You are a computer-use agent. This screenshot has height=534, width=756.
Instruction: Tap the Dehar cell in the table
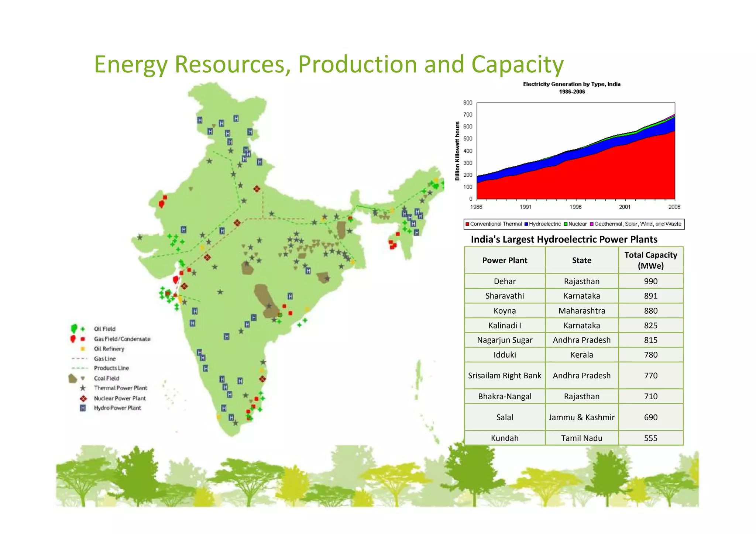(x=504, y=281)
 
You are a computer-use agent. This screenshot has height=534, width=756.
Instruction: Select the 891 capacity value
(x=650, y=296)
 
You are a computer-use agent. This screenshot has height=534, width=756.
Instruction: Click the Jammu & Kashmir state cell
(x=581, y=417)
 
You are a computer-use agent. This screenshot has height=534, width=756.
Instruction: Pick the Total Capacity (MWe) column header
(x=650, y=260)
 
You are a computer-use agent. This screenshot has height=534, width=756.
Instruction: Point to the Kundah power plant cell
(x=504, y=438)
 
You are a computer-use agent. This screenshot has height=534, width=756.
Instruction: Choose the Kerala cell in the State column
(x=581, y=355)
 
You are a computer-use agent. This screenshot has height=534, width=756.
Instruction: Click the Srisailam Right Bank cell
(x=504, y=376)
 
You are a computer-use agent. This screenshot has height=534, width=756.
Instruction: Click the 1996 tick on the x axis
(x=575, y=207)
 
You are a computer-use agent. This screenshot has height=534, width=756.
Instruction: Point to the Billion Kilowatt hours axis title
(x=457, y=151)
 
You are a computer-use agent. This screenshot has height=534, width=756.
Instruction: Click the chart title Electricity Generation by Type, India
(x=571, y=85)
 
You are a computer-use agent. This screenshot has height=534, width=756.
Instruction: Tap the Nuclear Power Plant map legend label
(x=120, y=398)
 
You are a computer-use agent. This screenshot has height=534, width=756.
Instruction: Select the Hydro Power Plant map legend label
(x=117, y=408)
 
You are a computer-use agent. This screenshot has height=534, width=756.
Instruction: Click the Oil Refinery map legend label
(x=109, y=349)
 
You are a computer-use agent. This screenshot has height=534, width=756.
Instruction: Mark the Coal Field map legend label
(x=106, y=378)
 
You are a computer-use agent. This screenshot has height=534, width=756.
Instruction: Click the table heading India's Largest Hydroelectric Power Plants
(x=564, y=240)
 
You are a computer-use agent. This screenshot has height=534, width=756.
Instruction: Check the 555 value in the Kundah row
(x=650, y=438)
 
